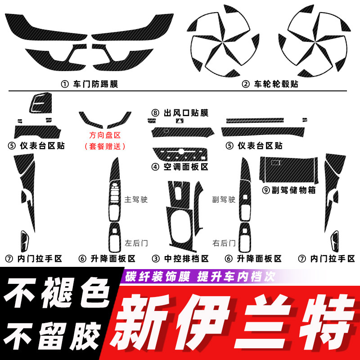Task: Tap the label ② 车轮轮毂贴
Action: pyautogui.click(x=270, y=84)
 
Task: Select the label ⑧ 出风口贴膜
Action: pyautogui.click(x=180, y=113)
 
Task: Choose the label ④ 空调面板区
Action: pyautogui.click(x=180, y=167)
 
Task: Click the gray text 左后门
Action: pyautogui.click(x=136, y=243)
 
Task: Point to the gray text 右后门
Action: pyautogui.click(x=224, y=243)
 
